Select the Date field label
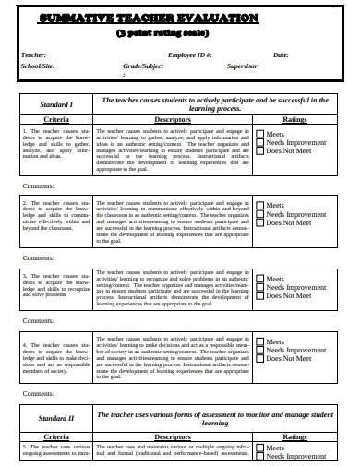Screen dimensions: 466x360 coord(281,55)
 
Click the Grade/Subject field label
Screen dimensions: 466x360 coord(142,67)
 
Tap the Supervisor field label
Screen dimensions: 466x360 coord(261,67)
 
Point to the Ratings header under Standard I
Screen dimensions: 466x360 coord(294,120)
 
